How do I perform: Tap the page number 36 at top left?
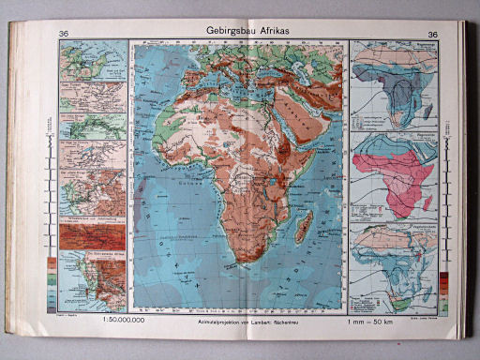64,36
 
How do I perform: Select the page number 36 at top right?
432,36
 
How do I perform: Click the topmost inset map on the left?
92,61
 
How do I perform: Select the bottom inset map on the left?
92,281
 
